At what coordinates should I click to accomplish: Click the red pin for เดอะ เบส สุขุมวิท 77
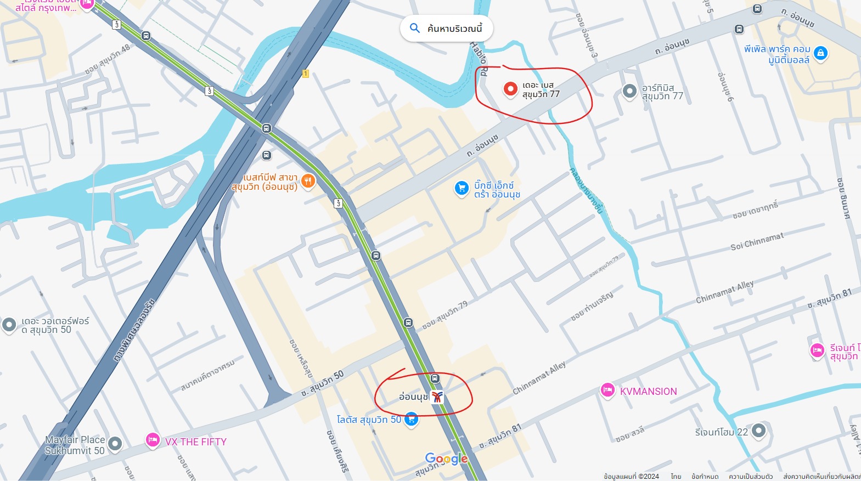click(510, 89)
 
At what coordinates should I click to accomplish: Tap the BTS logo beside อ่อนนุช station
click(437, 397)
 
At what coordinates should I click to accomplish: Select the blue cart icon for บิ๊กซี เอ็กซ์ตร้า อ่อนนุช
click(462, 188)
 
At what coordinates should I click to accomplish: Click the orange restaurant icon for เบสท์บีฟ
click(308, 181)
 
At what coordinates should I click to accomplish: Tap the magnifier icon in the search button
click(415, 28)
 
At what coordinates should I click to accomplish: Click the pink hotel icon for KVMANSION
click(607, 390)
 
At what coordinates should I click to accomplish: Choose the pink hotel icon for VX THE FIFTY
click(153, 440)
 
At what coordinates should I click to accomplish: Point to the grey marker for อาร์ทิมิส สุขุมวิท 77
click(629, 90)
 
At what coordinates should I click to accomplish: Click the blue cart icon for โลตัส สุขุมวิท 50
click(411, 419)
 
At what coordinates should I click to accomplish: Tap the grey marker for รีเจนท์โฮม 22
click(758, 430)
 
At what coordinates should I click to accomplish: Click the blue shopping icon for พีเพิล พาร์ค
click(820, 53)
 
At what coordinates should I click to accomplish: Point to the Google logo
click(446, 459)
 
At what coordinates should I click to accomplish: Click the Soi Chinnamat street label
click(757, 241)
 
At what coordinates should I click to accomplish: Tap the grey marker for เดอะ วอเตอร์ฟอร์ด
click(9, 324)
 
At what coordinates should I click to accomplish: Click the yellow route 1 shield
click(306, 73)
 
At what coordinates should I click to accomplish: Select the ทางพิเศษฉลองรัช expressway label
click(135, 331)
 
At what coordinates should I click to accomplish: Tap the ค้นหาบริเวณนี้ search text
click(454, 29)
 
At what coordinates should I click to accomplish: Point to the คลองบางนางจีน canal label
click(586, 190)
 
